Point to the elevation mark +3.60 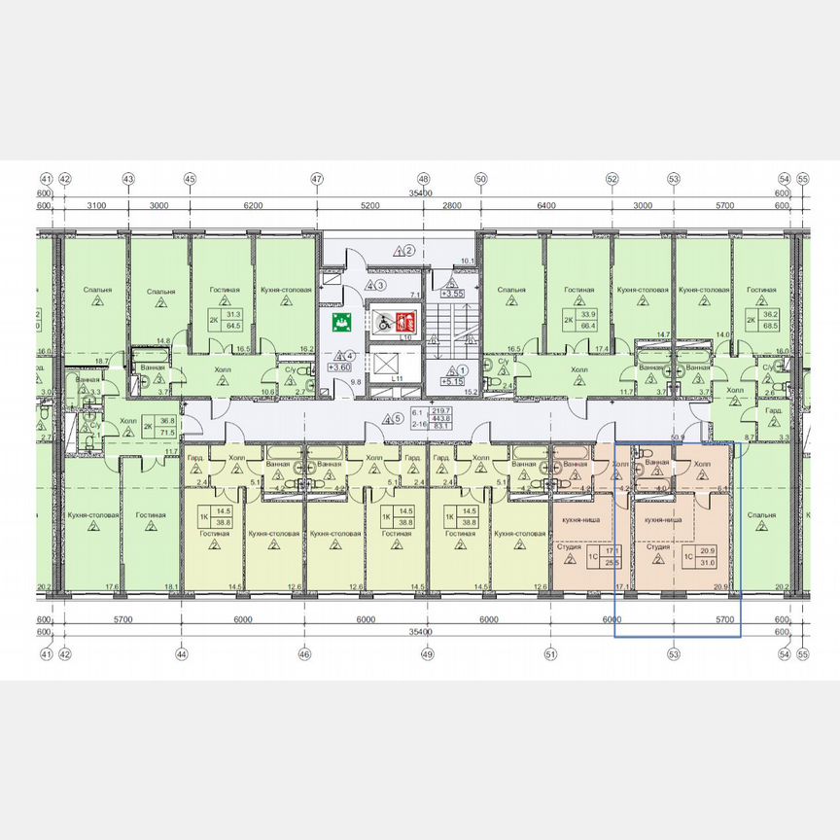pyautogui.click(x=339, y=367)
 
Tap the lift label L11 pyautogui.click(x=394, y=378)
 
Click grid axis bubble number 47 pyautogui.click(x=316, y=179)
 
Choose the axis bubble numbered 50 pyautogui.click(x=480, y=179)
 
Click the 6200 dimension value pyautogui.click(x=253, y=206)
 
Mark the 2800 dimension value pyautogui.click(x=451, y=206)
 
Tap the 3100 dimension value pyautogui.click(x=95, y=206)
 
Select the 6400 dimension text pyautogui.click(x=545, y=206)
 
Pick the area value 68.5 pyautogui.click(x=769, y=323)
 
